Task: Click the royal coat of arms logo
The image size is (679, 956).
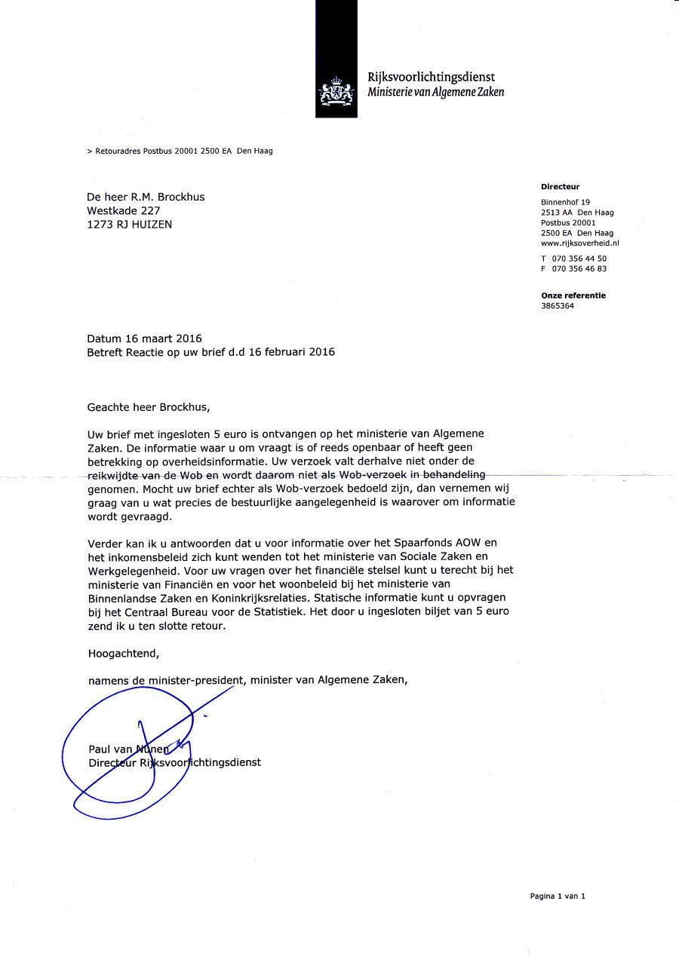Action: [336, 92]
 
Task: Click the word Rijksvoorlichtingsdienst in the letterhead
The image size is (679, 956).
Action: [431, 77]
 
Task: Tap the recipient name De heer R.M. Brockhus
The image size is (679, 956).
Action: [146, 197]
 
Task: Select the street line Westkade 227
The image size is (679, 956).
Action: [124, 210]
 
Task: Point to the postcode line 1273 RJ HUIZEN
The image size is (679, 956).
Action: [129, 224]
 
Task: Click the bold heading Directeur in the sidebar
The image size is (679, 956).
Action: [560, 186]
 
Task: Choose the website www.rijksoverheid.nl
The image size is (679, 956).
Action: [580, 244]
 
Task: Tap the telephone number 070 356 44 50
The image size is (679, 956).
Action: [579, 258]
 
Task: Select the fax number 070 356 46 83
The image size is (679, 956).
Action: [579, 268]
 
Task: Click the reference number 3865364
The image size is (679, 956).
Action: [558, 306]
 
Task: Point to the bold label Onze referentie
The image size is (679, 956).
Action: [573, 296]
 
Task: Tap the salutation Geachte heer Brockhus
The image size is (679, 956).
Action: [149, 407]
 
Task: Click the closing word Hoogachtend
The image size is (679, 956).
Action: [124, 652]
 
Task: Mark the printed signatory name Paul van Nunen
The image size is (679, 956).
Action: [129, 749]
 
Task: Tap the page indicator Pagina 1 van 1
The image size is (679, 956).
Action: [557, 896]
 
